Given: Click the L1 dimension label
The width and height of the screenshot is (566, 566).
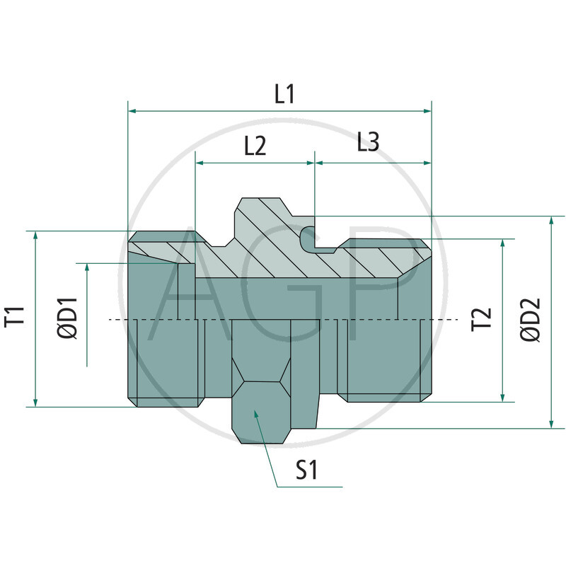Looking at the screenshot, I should (284, 94).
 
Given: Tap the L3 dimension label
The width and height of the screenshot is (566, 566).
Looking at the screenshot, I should (368, 142).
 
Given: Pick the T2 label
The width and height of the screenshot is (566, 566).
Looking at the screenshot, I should (481, 320).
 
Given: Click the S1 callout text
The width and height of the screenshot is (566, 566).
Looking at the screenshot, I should (306, 471).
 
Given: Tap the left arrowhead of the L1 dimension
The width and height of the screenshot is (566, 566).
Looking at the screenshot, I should (132, 111).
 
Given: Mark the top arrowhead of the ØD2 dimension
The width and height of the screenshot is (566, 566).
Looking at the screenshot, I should (551, 221).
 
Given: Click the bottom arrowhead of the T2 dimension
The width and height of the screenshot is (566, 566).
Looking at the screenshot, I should (502, 398).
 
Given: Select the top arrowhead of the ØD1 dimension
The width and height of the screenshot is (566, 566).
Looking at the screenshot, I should (87, 268).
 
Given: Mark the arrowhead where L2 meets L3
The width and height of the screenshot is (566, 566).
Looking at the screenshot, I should (314, 163).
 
